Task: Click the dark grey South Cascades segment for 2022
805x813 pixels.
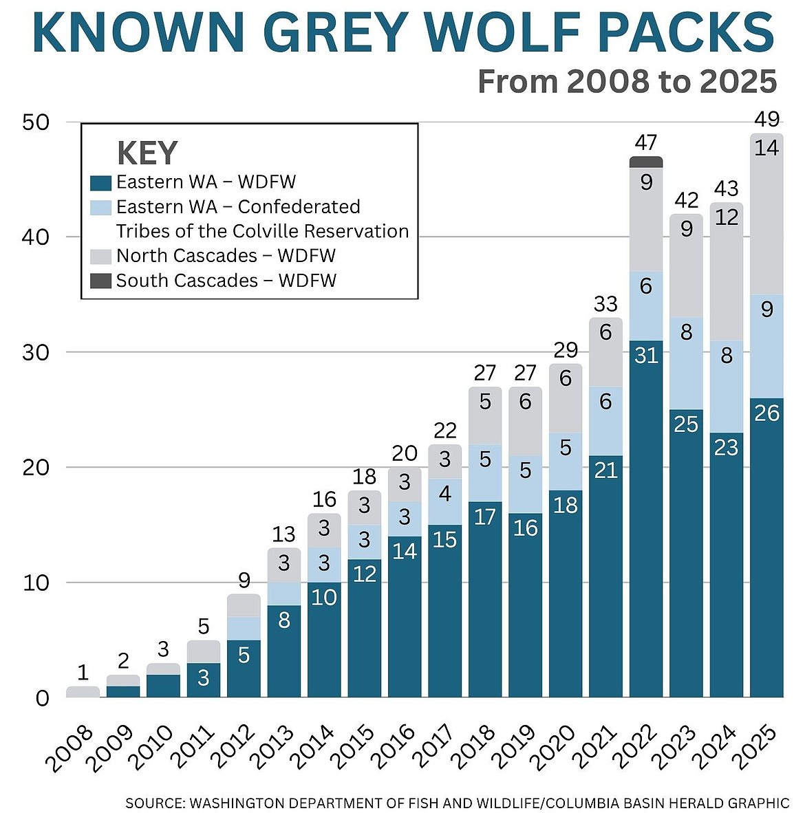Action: [x=646, y=162]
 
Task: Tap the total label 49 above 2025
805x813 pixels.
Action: [x=766, y=119]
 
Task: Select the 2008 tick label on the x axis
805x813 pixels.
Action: [x=69, y=747]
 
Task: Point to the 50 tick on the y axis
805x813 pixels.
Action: [x=36, y=122]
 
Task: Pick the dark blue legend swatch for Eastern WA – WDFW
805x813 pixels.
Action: [x=100, y=183]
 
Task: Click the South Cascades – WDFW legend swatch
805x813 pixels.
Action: [x=100, y=281]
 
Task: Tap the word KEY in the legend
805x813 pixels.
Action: [x=147, y=153]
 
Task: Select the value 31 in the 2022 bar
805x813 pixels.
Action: [x=646, y=355]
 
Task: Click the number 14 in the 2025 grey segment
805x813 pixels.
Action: [x=766, y=147]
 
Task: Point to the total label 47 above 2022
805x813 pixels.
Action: [x=646, y=142]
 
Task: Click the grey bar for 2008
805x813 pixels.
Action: [x=83, y=692]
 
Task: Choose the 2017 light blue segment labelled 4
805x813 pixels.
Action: [x=444, y=493]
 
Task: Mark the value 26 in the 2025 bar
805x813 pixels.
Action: [x=766, y=413]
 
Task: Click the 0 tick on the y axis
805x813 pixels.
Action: [x=43, y=698]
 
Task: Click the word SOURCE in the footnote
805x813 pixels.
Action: [x=155, y=803]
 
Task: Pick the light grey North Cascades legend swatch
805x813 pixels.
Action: [x=100, y=257]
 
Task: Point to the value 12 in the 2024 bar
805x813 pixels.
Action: [x=727, y=217]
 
